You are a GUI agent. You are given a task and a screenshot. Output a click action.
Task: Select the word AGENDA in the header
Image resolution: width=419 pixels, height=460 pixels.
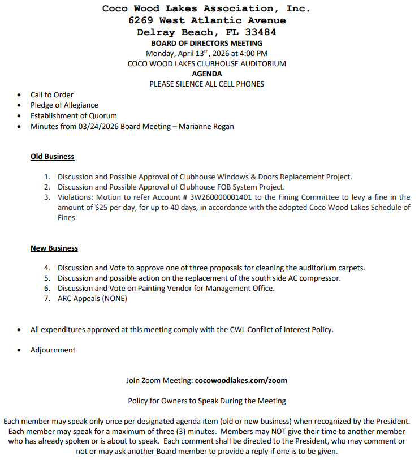coord(206,74)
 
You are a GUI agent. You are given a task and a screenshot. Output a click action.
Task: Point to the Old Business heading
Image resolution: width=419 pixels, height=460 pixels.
coord(52,156)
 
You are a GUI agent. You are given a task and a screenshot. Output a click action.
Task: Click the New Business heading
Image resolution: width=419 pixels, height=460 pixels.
coord(54,248)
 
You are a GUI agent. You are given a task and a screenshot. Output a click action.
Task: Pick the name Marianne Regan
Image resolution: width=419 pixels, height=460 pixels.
coord(206,126)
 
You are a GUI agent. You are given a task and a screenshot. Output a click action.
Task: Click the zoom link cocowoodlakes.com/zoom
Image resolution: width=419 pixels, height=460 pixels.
coord(241,380)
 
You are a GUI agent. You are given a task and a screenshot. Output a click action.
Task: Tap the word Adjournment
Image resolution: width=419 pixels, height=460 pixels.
coord(53,350)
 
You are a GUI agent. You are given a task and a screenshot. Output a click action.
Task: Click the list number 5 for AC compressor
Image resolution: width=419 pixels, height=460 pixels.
coord(47,278)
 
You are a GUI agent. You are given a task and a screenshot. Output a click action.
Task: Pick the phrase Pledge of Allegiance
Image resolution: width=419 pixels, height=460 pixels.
coord(64,105)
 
